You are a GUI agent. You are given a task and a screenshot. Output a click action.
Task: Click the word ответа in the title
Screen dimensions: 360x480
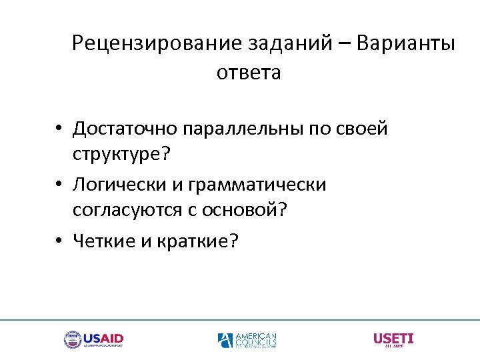[249, 73]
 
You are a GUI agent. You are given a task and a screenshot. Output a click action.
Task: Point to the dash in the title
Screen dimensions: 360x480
[343, 45]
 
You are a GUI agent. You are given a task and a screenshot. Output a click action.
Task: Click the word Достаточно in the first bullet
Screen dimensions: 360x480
[129, 128]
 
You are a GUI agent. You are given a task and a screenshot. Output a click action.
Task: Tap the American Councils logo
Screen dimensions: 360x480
[247, 340]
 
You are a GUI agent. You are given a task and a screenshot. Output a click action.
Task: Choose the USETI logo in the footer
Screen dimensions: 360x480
[393, 340]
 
